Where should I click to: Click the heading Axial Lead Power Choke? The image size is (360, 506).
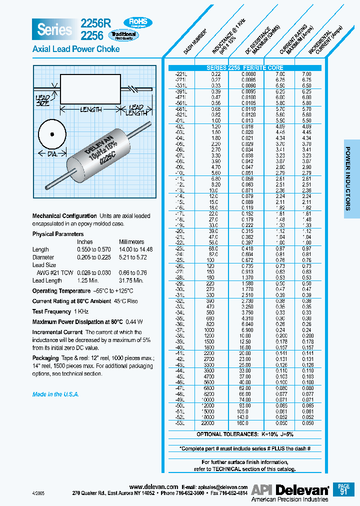tap(76, 49)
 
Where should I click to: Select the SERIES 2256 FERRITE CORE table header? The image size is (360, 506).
tap(245, 68)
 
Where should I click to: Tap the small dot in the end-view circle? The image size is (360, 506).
tap(51, 134)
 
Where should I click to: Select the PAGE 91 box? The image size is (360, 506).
tap(343, 489)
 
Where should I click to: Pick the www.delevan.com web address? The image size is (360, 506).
tap(153, 486)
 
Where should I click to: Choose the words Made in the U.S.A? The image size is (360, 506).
tap(55, 394)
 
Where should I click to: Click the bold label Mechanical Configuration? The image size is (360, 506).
tap(64, 216)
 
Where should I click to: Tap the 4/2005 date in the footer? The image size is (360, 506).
tap(38, 492)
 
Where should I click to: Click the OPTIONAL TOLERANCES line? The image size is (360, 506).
tap(245, 434)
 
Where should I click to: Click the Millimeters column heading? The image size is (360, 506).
tap(131, 242)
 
